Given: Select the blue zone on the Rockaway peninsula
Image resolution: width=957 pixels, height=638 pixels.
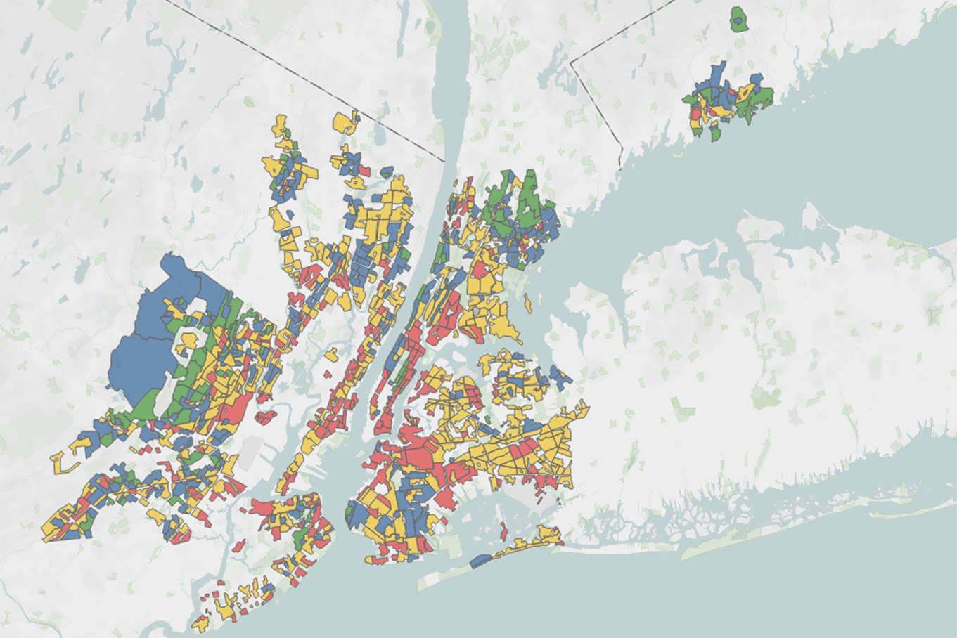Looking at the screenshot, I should click(x=480, y=561).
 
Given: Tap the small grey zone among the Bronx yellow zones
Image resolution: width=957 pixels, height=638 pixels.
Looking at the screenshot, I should click(x=476, y=308).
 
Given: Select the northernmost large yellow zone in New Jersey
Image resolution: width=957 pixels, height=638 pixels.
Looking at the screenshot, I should click(x=344, y=122).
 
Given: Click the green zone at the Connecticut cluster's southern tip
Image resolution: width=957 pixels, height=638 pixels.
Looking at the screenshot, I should click(x=715, y=131).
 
